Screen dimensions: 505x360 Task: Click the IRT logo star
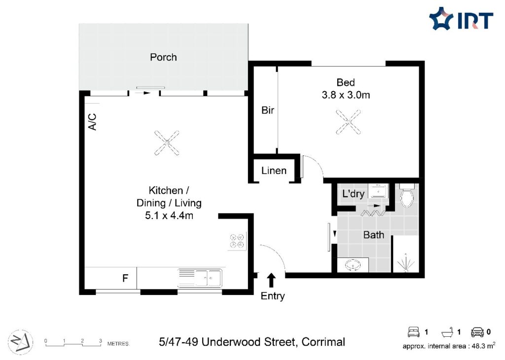point(441,18)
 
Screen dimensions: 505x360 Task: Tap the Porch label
point(163,57)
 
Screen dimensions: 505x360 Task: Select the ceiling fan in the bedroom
point(348,122)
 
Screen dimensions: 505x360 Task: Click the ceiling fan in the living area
point(167,143)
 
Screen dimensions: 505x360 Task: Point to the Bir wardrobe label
point(268,110)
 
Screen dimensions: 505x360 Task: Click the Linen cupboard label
point(274,170)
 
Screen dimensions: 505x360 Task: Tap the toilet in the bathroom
point(407,195)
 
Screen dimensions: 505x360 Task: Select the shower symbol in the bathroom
point(405,262)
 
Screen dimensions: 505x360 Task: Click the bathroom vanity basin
point(353,265)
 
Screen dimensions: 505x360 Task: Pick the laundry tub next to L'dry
point(378,191)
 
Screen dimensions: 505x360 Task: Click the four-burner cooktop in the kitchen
point(237,241)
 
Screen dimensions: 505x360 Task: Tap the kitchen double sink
point(200,278)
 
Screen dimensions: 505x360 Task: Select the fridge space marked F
point(125,278)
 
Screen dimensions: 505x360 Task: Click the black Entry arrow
point(272,280)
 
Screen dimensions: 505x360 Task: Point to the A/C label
point(92,121)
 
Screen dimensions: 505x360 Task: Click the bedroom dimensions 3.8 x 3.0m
point(346,95)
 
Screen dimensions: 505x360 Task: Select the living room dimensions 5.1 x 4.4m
point(169,216)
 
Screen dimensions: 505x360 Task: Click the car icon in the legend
point(477,332)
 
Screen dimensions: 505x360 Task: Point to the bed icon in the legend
point(414,332)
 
